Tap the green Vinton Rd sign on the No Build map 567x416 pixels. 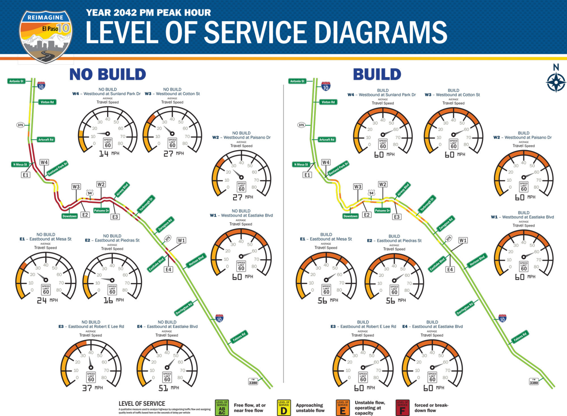pos(48,102)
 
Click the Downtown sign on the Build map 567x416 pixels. pos(350,216)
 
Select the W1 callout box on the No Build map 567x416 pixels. pos(181,240)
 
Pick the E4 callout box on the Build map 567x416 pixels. pos(450,269)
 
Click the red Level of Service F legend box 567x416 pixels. pos(402,408)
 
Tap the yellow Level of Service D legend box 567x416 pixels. pos(283,408)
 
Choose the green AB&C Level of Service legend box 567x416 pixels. pos(221,408)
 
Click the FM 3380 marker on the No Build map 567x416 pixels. pos(253,381)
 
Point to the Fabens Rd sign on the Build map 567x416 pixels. pos(520,337)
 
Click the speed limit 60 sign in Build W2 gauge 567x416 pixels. pos(524,187)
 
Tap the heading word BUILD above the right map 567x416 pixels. pos(377,74)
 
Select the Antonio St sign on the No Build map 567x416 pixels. pos(16,81)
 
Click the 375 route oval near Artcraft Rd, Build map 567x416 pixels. pos(301,125)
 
